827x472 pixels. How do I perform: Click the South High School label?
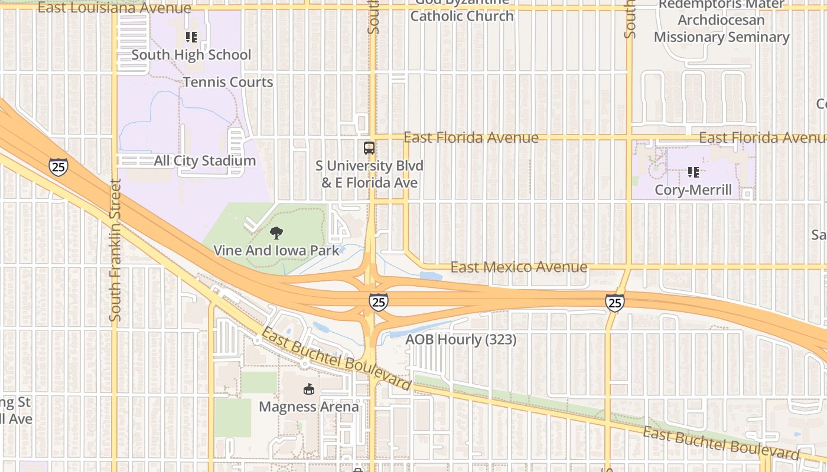click(x=191, y=55)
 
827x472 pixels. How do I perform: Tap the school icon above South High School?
click(x=191, y=37)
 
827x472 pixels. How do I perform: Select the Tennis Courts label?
click(x=228, y=82)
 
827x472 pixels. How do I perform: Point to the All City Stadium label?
click(x=204, y=160)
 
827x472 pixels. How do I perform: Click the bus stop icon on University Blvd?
click(x=369, y=148)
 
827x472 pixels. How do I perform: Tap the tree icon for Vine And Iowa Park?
click(x=276, y=233)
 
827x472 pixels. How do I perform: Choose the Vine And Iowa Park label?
click(x=276, y=250)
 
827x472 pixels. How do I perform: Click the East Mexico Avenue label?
click(x=519, y=267)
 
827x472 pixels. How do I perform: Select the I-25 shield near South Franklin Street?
click(x=58, y=167)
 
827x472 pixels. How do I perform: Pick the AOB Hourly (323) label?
click(x=461, y=340)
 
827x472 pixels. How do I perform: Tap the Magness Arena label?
click(x=308, y=407)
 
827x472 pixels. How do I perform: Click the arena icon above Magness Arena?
click(x=308, y=389)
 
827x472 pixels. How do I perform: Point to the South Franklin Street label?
click(x=115, y=250)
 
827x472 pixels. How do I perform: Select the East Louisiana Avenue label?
click(x=114, y=8)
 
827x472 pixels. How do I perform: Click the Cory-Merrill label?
click(x=693, y=190)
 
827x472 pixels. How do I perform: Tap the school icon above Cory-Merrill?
click(x=693, y=172)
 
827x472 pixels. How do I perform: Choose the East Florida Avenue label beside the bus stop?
click(x=471, y=137)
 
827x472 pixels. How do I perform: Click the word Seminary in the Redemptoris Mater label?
click(x=760, y=37)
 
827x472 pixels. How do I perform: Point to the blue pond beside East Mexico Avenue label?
click(x=431, y=276)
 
